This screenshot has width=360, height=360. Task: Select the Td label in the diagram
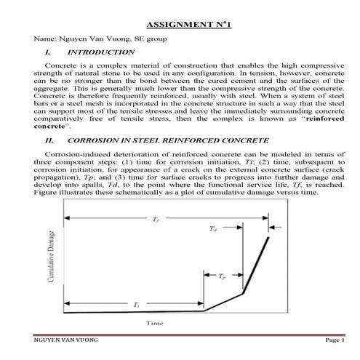[x=212, y=229]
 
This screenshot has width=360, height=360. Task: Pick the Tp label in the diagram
[x=222, y=277]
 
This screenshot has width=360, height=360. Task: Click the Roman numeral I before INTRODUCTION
[x=47, y=52]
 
